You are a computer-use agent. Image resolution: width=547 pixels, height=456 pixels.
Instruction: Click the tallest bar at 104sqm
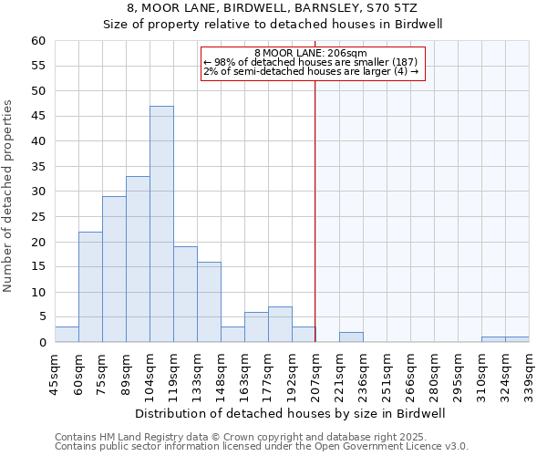click(x=161, y=224)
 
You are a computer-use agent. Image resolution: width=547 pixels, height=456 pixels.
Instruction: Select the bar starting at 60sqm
click(x=90, y=287)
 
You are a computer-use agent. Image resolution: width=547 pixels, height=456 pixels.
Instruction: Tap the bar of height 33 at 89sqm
click(x=138, y=259)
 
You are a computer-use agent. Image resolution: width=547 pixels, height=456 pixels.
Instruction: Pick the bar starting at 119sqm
click(x=185, y=295)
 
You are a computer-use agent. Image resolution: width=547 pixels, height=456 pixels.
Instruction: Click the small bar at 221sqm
click(x=351, y=337)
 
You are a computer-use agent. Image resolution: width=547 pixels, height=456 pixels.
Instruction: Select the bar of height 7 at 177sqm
click(x=280, y=325)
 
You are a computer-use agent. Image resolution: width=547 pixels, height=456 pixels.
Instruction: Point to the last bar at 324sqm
click(x=517, y=339)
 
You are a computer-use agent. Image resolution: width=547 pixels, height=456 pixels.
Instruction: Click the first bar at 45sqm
click(x=67, y=335)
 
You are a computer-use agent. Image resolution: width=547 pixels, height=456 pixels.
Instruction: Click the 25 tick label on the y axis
click(x=38, y=217)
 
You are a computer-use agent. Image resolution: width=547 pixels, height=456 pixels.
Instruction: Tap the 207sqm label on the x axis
click(x=315, y=373)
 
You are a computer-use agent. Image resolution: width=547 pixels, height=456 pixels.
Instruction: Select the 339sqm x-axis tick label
click(x=529, y=373)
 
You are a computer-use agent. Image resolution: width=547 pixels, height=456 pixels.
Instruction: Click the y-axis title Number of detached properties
click(x=9, y=196)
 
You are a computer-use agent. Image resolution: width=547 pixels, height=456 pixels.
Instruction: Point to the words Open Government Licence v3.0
click(x=402, y=446)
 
